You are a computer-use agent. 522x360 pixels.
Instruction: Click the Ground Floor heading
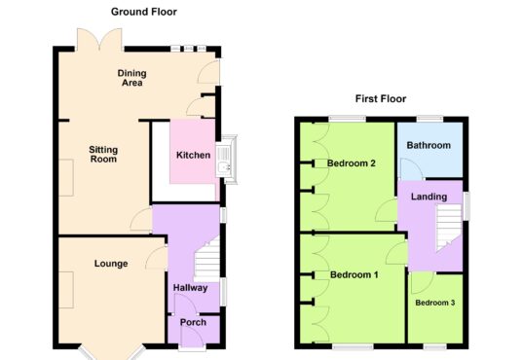tap(144, 12)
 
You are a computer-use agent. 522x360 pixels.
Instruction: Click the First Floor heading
tap(381, 99)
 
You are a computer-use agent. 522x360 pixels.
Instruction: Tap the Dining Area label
tap(132, 78)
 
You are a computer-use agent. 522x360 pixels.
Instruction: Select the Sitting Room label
tap(103, 154)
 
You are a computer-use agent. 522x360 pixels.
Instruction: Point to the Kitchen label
tap(193, 155)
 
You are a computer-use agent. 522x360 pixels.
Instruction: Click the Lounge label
tap(111, 264)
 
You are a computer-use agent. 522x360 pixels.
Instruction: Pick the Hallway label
tap(191, 288)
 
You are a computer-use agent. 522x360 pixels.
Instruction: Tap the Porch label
tap(193, 322)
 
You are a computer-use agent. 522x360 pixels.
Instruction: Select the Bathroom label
tap(429, 145)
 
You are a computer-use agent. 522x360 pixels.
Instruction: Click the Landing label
tap(429, 197)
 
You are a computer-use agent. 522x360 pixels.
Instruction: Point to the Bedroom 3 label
tap(435, 303)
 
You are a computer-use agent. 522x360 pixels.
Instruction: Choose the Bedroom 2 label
tap(352, 163)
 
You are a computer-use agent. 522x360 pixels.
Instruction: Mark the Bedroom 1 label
tap(354, 274)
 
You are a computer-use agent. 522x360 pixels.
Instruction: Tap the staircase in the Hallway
tap(206, 260)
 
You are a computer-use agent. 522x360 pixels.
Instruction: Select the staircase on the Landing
tap(449, 228)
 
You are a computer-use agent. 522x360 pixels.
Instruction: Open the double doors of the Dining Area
tap(99, 40)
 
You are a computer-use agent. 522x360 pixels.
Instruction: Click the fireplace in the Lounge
tap(66, 290)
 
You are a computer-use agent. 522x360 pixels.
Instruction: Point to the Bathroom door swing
tap(411, 169)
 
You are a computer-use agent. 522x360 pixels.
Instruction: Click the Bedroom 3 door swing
tap(423, 283)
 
